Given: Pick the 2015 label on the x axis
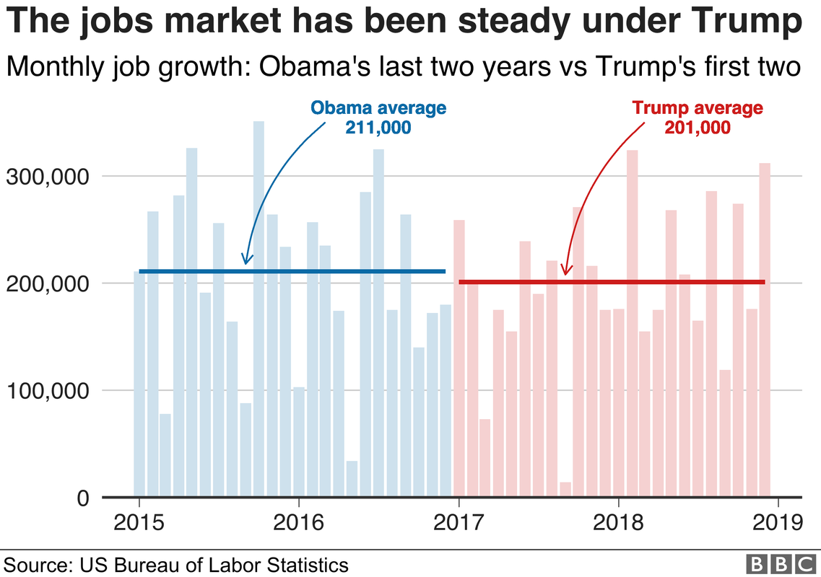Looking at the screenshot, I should point(139,521).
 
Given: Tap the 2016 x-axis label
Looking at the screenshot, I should point(298,521).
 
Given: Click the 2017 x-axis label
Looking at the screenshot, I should point(458,521).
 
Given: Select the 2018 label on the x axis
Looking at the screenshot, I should point(617,521).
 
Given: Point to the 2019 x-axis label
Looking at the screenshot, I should point(777,521).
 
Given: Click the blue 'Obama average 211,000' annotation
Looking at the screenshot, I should point(378,118).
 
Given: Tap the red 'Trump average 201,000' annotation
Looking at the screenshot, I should point(698,118).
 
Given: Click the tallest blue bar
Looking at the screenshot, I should point(259,310).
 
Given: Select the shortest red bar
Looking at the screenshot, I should point(565,490).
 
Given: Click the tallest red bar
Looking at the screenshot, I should point(632,325).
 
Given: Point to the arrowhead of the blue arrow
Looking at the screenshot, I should point(246,261).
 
